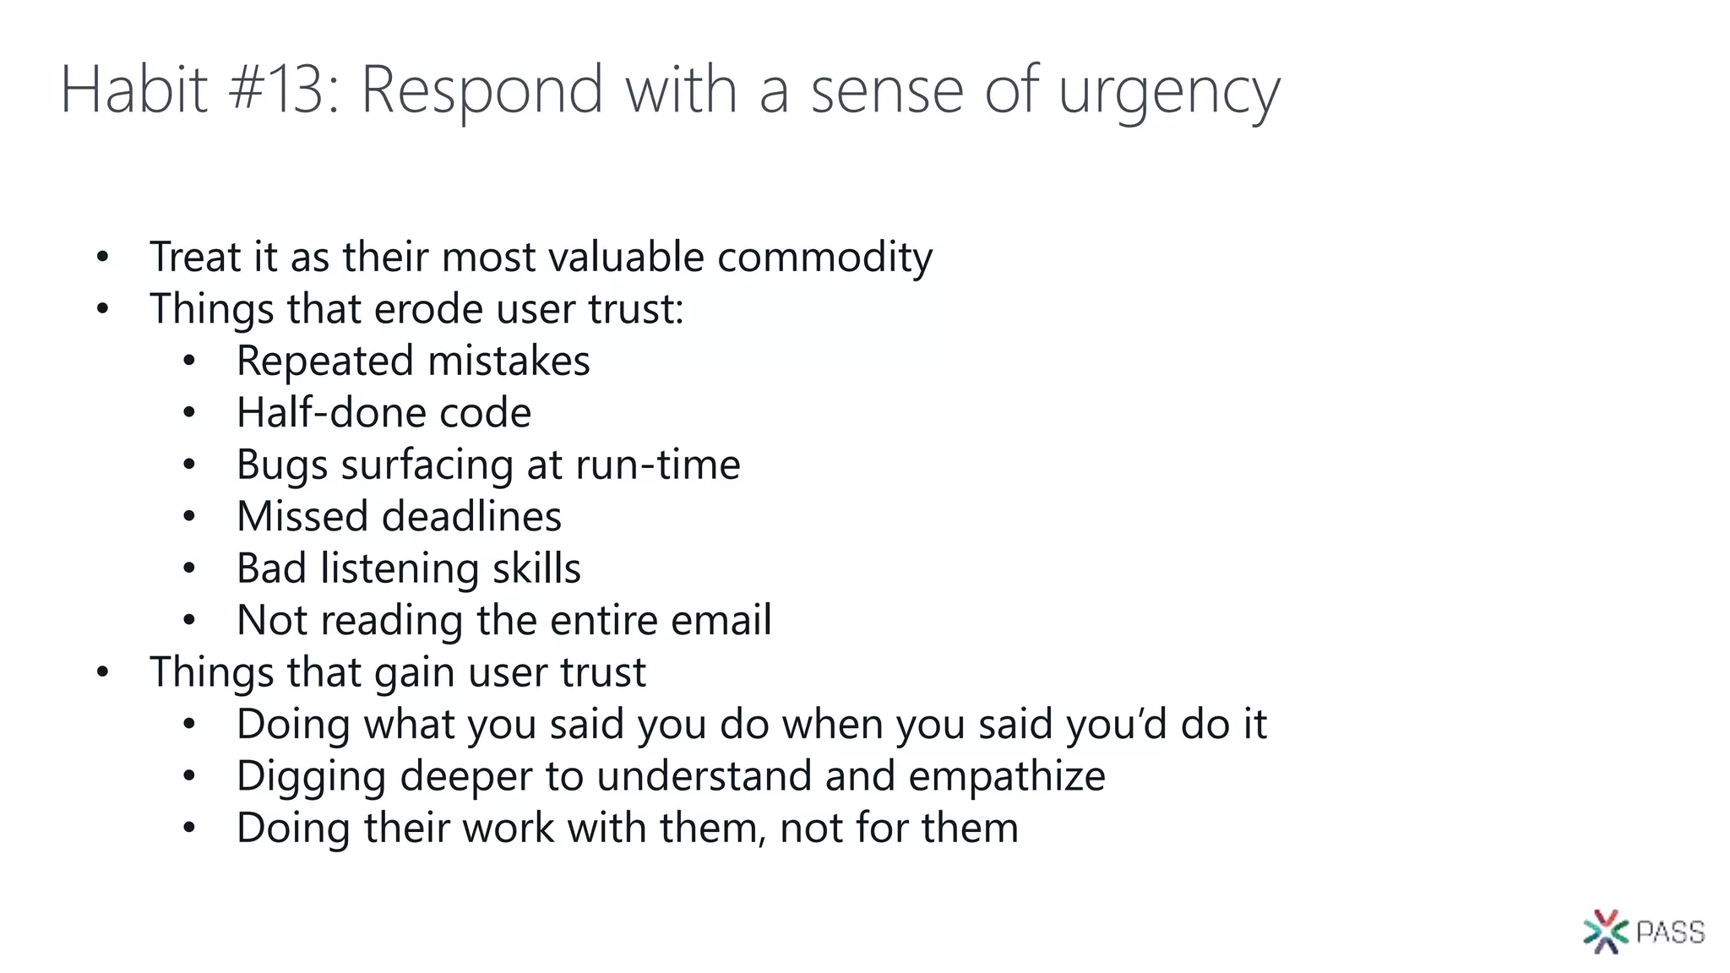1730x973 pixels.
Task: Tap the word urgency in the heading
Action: click(x=1169, y=93)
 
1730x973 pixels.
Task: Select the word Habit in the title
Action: click(x=133, y=90)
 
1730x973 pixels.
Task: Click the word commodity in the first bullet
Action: click(x=824, y=258)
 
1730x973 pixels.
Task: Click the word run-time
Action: click(x=658, y=465)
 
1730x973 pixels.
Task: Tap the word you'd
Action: click(x=1115, y=725)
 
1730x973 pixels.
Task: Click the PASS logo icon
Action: click(x=1605, y=932)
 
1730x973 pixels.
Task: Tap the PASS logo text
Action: click(x=1670, y=932)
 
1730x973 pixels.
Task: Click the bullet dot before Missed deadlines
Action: click(x=189, y=516)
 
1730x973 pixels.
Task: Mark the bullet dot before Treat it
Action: click(x=102, y=257)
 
